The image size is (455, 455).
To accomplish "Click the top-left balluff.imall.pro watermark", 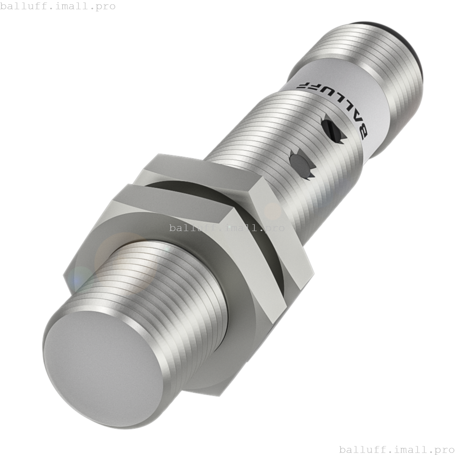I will [58, 6].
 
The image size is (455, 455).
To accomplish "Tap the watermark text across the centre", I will [227, 227].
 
